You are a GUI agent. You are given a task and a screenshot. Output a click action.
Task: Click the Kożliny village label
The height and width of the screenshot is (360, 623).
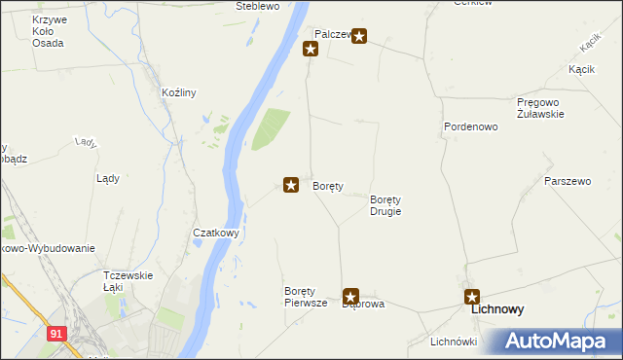179,93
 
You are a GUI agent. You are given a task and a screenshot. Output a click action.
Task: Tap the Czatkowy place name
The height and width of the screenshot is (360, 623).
216,234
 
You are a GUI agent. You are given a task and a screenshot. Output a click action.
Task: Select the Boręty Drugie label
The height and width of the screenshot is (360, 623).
385,205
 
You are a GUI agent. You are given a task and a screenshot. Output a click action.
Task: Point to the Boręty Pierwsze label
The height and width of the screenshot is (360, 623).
305,297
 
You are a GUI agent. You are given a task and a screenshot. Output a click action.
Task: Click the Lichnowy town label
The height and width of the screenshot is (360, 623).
497,310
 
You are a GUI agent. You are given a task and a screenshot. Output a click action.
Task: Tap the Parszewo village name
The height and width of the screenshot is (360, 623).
568,182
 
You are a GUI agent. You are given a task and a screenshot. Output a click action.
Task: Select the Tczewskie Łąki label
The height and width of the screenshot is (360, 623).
128,280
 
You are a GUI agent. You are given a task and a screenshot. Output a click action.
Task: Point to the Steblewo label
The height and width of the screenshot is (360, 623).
258,6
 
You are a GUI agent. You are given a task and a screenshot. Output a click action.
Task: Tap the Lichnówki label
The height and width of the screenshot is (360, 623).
453,342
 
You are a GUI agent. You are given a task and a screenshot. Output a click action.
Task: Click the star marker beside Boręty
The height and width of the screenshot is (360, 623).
290,184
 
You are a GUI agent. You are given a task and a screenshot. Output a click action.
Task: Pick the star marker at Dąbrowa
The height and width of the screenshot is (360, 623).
351,296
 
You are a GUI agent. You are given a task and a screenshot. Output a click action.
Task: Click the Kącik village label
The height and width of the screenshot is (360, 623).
582,70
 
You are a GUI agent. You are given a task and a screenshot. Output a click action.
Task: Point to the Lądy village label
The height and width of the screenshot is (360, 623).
108,178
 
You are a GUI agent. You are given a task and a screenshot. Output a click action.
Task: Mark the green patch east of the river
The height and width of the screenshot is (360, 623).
272,129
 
